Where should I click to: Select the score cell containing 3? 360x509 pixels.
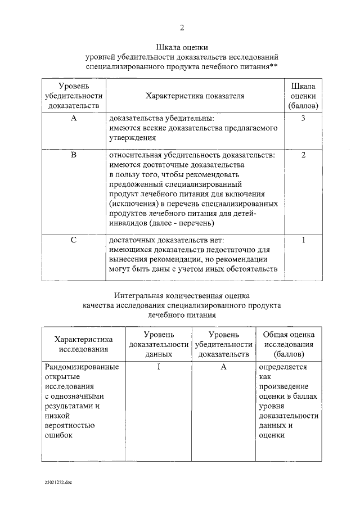[303, 119]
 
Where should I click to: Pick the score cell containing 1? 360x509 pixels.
[303, 240]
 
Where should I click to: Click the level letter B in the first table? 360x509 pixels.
[73, 155]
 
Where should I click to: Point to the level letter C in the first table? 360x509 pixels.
[73, 240]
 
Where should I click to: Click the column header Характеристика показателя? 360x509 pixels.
[195, 96]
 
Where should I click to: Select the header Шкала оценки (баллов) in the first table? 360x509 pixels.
[303, 96]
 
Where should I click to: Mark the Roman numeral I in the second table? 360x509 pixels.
[159, 367]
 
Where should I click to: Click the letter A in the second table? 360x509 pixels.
[223, 367]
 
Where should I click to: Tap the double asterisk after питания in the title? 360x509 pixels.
[273, 67]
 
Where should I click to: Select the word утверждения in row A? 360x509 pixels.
[129, 137]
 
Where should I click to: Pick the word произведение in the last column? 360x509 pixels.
[283, 388]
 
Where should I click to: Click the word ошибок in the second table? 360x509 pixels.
[58, 436]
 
